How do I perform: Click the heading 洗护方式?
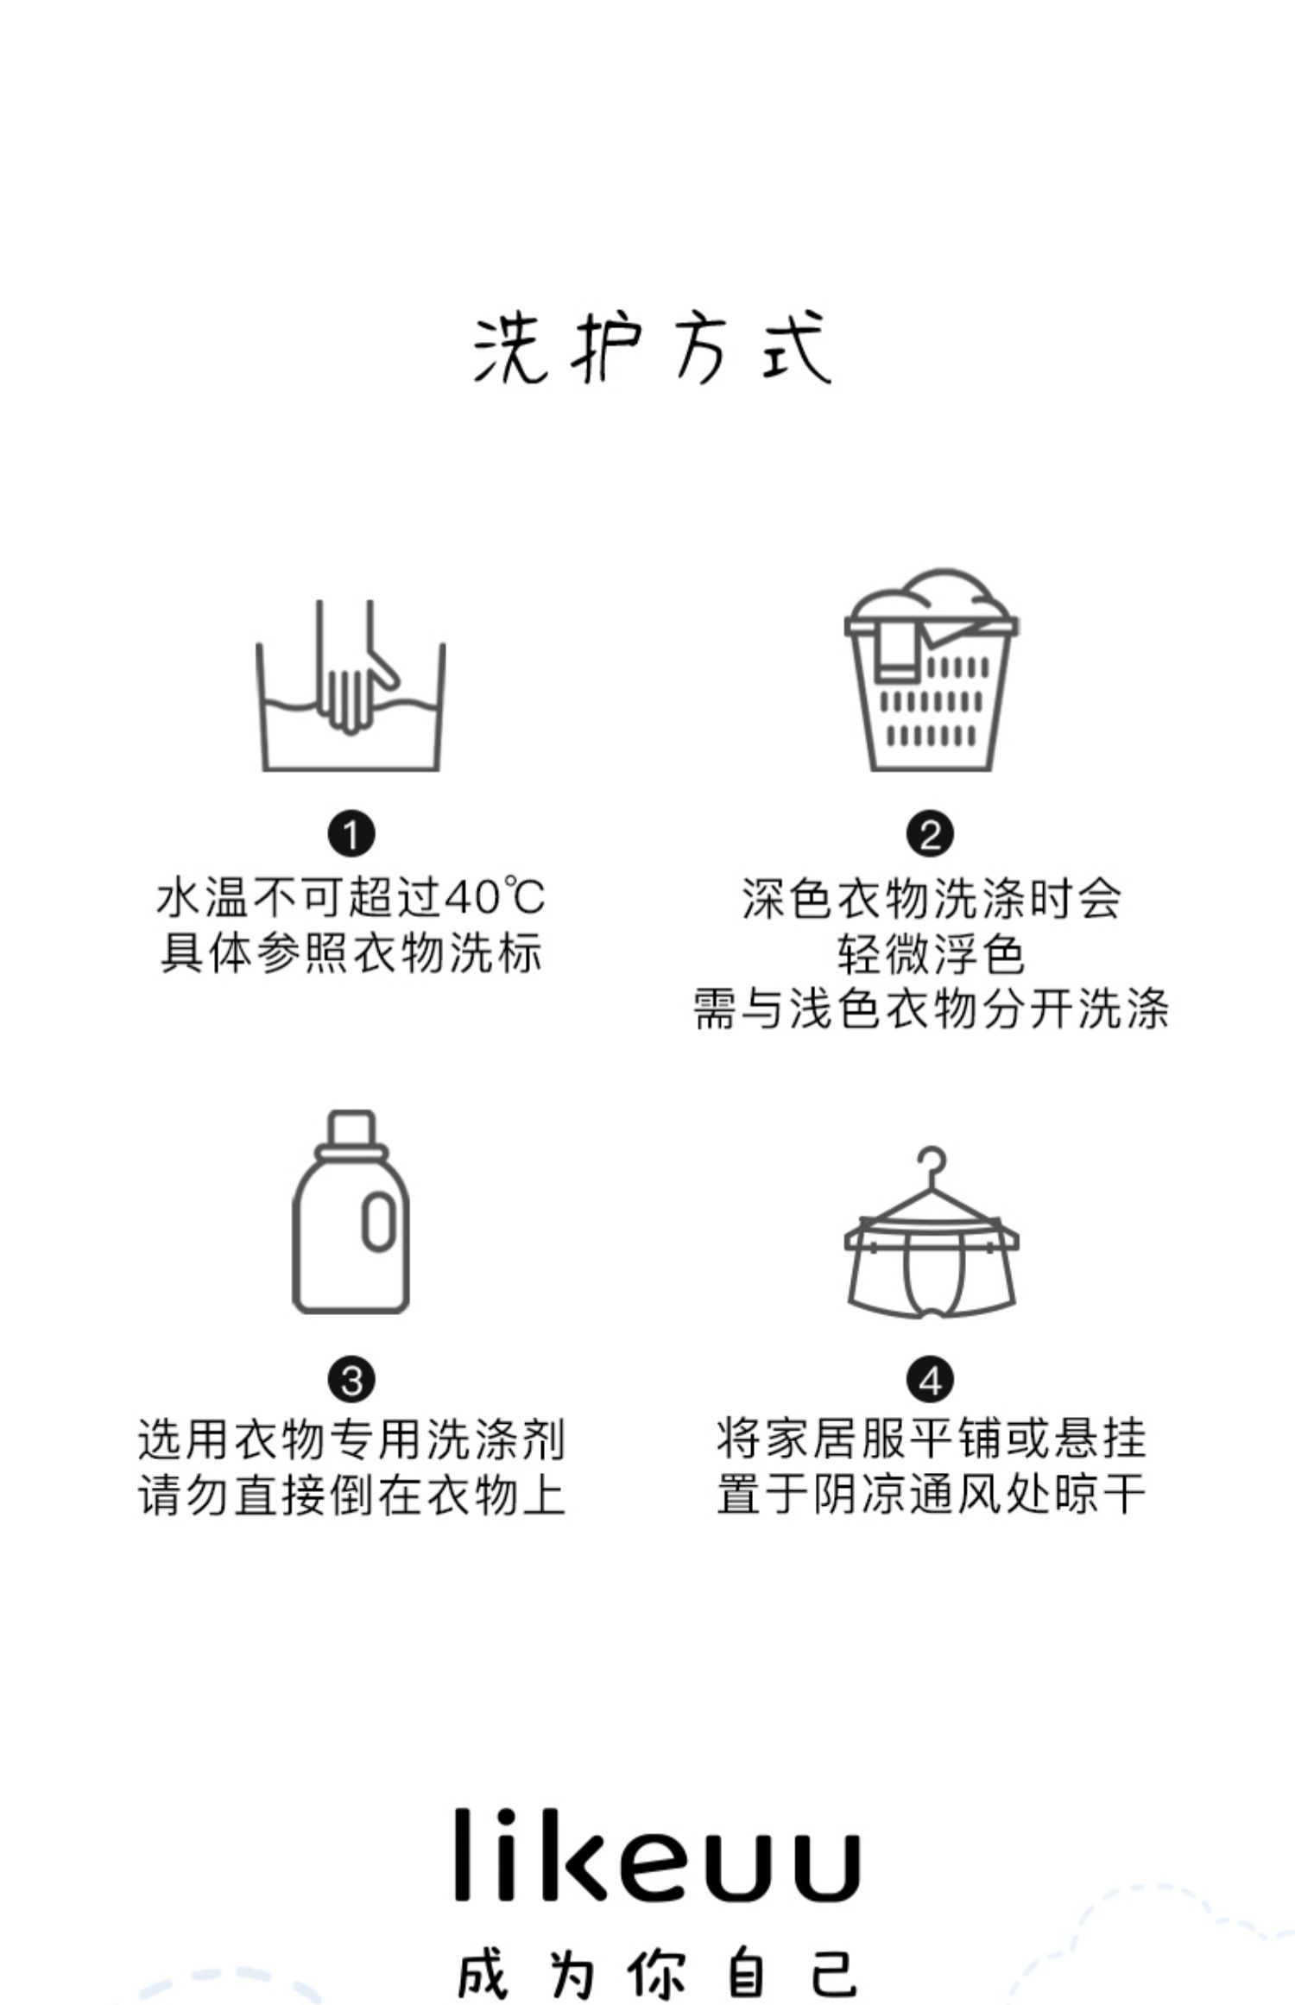tap(652, 348)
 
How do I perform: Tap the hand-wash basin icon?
tap(351, 687)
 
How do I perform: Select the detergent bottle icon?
tap(351, 1212)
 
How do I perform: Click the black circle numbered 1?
tap(351, 835)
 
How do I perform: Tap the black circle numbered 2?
tap(930, 835)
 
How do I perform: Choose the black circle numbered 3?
tap(351, 1380)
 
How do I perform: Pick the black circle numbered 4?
tap(930, 1380)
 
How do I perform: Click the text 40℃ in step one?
tap(494, 897)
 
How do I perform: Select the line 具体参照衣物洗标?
tap(351, 952)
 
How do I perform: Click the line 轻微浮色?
tap(931, 953)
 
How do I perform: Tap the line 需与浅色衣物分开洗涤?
tap(931, 1009)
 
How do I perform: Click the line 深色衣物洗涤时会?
tap(931, 898)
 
